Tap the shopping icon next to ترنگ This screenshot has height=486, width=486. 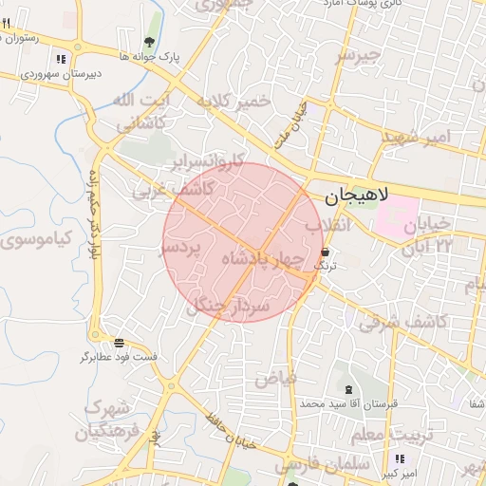coord(327,252)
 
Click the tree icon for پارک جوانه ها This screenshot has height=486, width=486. coord(150,41)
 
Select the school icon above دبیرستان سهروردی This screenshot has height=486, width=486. coord(61,59)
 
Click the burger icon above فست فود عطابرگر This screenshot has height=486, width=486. coord(119,343)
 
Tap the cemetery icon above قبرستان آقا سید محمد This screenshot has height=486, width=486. coord(346,389)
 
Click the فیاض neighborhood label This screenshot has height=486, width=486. coord(275,379)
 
